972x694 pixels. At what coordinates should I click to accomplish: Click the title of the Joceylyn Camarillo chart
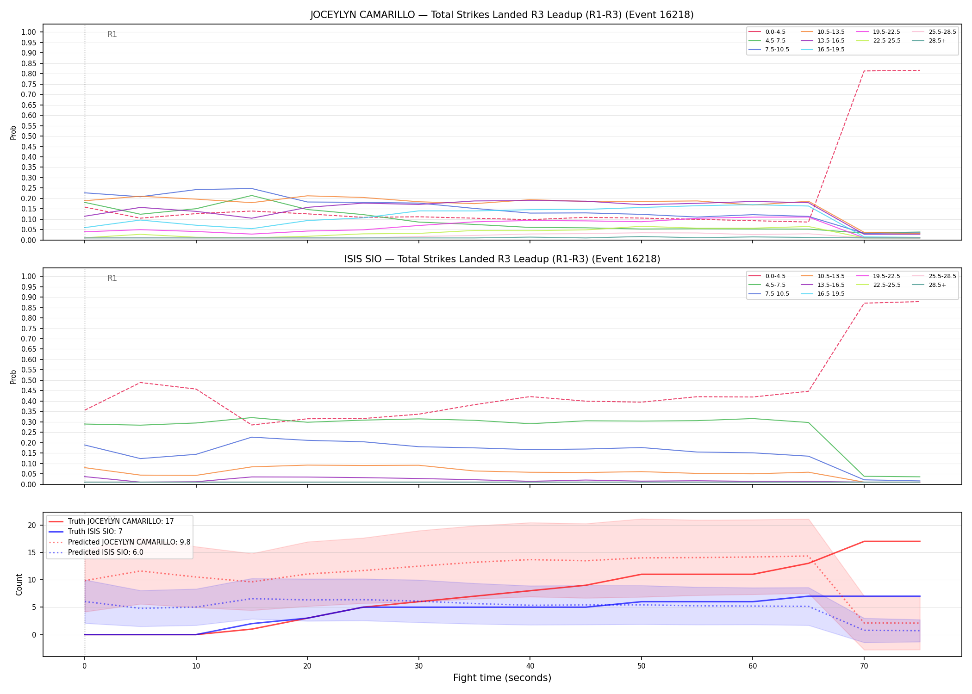[x=502, y=15]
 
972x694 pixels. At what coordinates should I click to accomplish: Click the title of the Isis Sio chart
[x=502, y=259]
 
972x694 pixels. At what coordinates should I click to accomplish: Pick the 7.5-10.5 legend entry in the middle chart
[x=769, y=294]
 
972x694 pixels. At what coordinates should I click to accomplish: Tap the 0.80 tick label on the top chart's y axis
[x=28, y=74]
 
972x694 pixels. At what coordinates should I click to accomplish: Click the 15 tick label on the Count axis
[x=31, y=552]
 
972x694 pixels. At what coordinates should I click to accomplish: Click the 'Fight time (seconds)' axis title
[x=502, y=678]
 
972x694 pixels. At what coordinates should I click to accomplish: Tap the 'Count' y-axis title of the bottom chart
[x=19, y=584]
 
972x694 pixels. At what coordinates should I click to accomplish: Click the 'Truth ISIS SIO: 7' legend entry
[x=85, y=532]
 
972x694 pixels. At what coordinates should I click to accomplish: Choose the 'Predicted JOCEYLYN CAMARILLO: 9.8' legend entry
[x=119, y=542]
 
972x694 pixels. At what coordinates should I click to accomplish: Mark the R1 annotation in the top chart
[x=112, y=34]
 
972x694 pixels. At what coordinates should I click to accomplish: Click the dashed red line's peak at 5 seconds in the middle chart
[x=141, y=383]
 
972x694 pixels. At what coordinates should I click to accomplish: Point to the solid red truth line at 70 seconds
[x=864, y=541]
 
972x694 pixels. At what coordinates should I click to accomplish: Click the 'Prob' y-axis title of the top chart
[x=13, y=132]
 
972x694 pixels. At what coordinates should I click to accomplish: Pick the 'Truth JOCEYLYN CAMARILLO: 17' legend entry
[x=111, y=521]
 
